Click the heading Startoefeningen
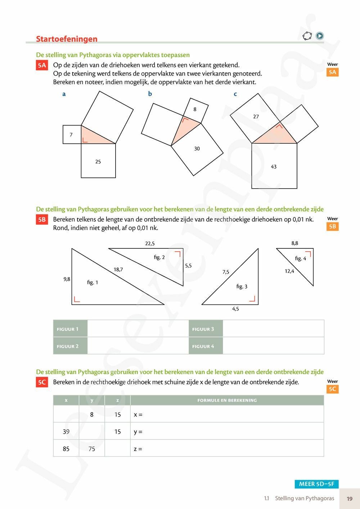67,39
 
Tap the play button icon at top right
319,36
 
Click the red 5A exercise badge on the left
42,65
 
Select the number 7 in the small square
71,135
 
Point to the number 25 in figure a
98,162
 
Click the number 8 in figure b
195,109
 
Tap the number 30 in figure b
197,148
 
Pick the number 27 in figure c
256,117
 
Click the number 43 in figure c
274,167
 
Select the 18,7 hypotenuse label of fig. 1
118,269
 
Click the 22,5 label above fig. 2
150,243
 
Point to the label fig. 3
242,287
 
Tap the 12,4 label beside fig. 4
289,271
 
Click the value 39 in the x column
66,432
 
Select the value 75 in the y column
92,449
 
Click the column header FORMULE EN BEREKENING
227,400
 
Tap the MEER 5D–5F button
316,484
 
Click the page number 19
349,499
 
